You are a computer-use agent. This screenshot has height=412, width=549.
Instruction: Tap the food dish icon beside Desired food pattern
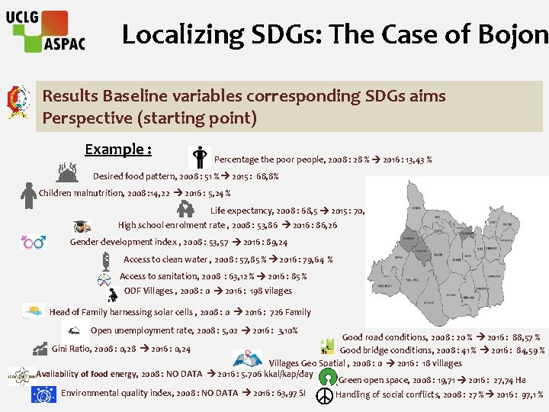(69, 173)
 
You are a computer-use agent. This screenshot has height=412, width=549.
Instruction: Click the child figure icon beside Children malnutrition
(28, 195)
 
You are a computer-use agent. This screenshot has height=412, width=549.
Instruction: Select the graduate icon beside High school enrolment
(80, 227)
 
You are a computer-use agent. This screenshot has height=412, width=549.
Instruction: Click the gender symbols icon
(33, 243)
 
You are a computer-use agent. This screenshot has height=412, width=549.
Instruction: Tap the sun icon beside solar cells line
(34, 311)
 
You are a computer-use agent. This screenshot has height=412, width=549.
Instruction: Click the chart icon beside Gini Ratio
(40, 349)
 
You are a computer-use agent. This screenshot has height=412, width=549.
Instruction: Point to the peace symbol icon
(324, 395)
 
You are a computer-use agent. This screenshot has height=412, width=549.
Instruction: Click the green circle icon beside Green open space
(328, 377)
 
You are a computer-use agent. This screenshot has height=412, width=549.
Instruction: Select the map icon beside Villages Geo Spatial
(248, 358)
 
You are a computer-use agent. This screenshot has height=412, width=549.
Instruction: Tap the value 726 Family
(290, 312)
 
